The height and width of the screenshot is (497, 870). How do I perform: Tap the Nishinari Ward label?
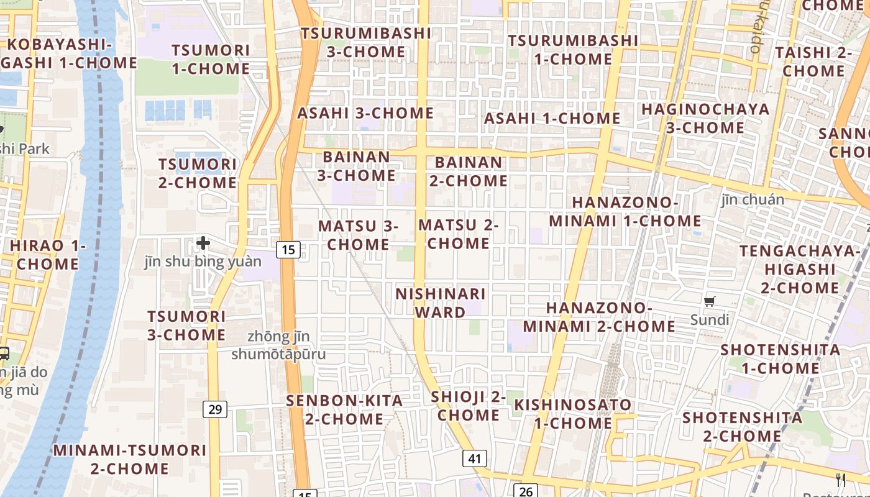click(441, 303)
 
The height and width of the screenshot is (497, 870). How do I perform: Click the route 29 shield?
click(215, 409)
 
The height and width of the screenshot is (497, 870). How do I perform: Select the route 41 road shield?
click(474, 459)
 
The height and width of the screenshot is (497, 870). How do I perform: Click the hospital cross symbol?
click(203, 243)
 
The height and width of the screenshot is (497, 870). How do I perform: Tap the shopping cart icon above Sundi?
click(709, 302)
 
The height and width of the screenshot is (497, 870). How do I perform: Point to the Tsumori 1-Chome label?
click(211, 60)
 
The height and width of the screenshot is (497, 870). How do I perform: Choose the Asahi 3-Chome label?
click(365, 113)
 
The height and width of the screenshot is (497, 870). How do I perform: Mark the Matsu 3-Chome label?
click(358, 235)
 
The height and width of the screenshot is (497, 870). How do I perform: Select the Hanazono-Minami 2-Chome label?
click(599, 317)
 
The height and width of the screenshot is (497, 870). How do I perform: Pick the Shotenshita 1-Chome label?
click(780, 359)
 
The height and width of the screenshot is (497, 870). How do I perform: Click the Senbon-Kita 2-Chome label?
click(344, 410)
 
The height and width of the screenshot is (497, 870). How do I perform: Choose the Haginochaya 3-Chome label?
click(705, 119)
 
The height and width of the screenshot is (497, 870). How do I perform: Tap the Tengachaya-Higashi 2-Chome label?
click(800, 269)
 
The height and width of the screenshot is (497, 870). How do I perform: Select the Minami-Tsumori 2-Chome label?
click(129, 459)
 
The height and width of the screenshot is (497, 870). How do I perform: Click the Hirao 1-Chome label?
click(48, 255)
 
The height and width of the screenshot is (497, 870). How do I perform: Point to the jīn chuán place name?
click(753, 200)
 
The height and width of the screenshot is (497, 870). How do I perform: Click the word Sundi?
click(710, 320)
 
